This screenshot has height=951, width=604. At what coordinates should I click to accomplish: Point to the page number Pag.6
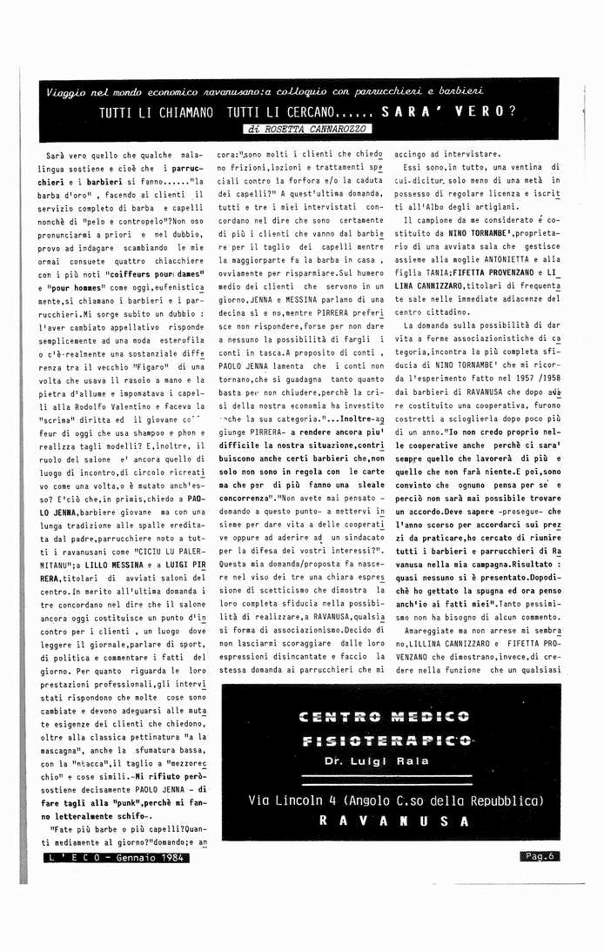(x=540, y=856)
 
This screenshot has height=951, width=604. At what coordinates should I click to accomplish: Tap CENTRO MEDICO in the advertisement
(x=383, y=717)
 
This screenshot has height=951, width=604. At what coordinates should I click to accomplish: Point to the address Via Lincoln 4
(x=296, y=800)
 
